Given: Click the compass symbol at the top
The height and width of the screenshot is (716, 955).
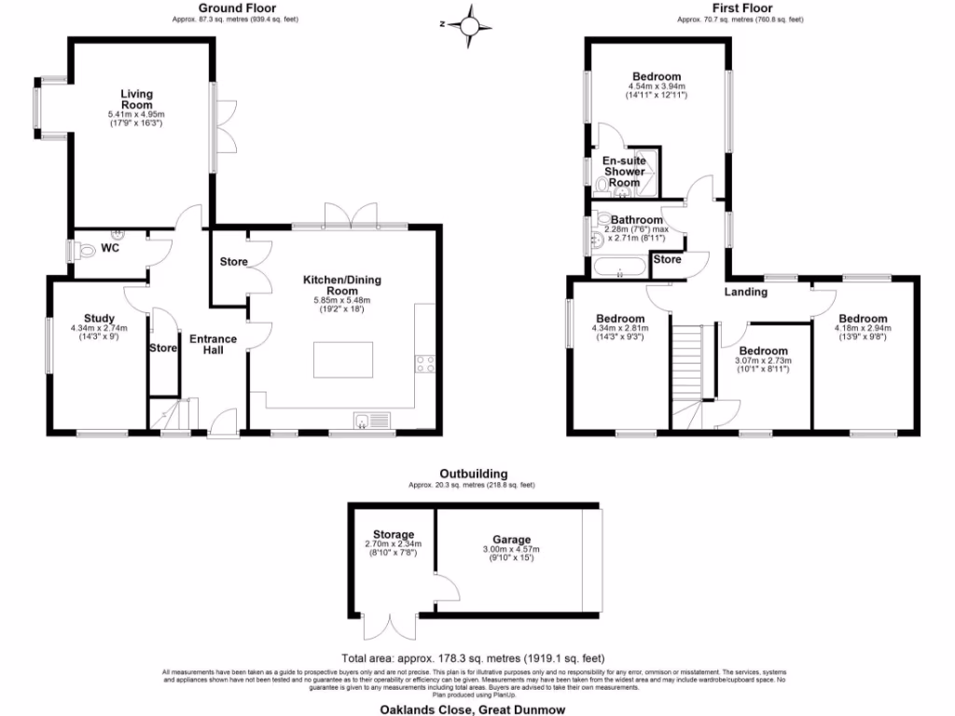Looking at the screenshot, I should point(469,25).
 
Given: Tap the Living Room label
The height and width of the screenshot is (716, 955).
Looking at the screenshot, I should point(136,99).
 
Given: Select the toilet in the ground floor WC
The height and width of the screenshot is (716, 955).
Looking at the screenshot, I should point(85,250).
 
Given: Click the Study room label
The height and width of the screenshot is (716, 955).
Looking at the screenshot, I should point(99,318).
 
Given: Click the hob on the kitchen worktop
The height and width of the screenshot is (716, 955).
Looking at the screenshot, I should point(425,364).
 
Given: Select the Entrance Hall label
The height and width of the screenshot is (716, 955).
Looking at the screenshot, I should point(214,344).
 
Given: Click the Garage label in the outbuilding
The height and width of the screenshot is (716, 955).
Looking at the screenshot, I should point(512,540).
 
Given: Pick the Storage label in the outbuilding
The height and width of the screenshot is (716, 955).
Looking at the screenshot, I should point(393,534).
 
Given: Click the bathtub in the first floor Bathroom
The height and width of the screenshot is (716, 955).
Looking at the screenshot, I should point(618,270).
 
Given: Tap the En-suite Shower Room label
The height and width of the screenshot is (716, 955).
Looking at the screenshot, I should point(624,172).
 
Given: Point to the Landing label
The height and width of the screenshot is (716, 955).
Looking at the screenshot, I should point(746,292).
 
